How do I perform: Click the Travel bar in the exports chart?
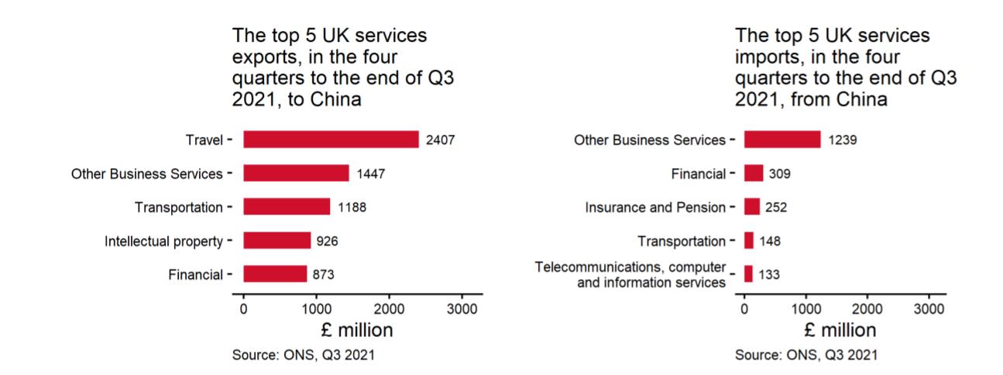coord(331,139)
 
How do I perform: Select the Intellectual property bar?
coord(277,240)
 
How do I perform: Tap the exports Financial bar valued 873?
coord(275,274)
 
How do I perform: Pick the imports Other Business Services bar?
coord(782,139)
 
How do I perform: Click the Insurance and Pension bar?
coord(752,207)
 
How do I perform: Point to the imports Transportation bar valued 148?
coord(749,240)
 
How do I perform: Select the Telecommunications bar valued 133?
coord(748,274)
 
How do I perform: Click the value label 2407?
coord(440,139)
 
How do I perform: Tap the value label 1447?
coord(370,174)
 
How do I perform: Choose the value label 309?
coord(779,174)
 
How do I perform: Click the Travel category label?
coord(204,139)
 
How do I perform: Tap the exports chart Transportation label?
coord(178,207)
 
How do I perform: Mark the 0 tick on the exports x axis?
coord(244,308)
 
